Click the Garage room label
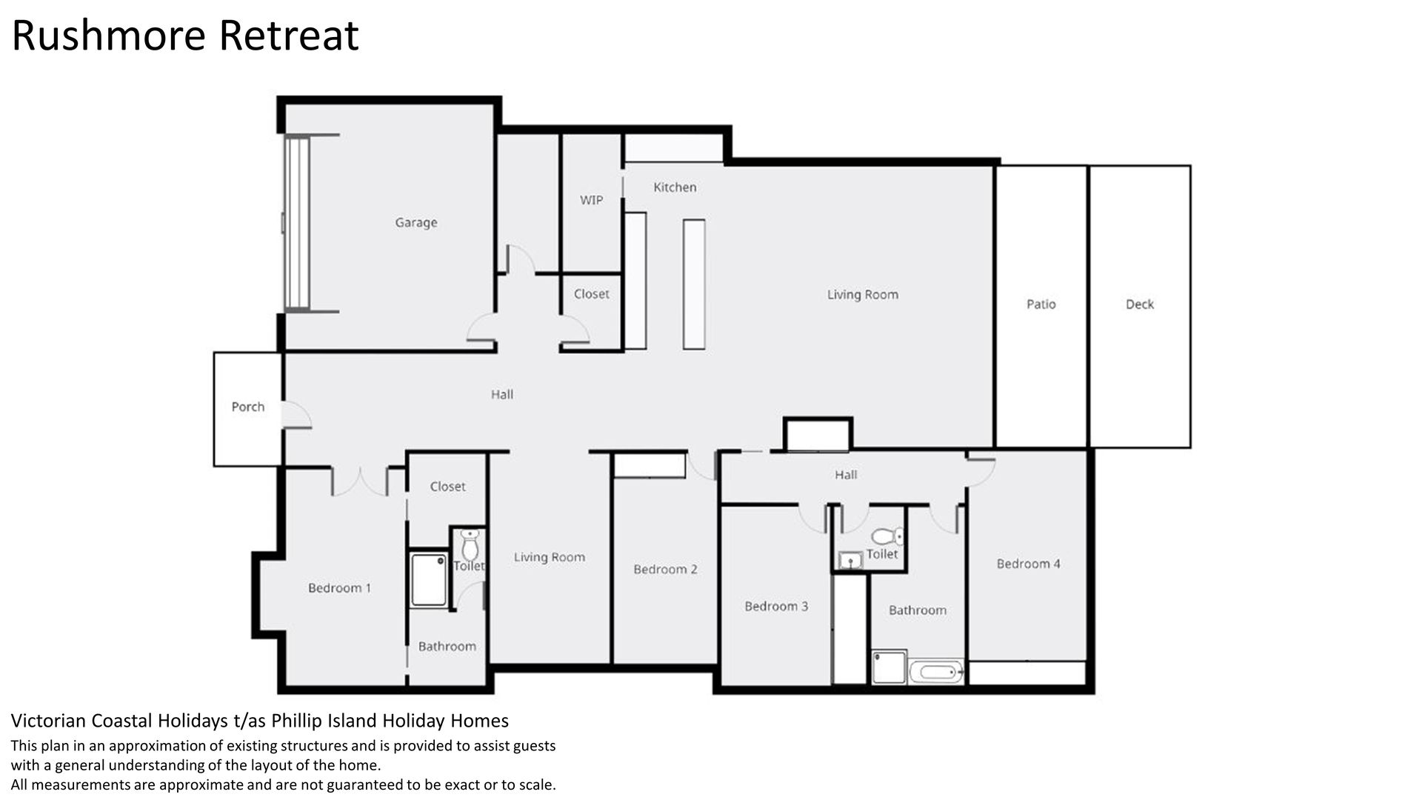415,222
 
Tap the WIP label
591,200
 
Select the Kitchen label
675,187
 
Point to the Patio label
1041,304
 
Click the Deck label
1139,304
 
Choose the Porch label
247,407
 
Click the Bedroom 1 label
339,588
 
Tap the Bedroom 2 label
665,570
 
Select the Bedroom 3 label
776,607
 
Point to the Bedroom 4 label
1028,564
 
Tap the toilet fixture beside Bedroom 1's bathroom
470,545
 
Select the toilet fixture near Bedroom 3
887,536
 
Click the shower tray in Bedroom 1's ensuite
430,580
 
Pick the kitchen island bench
694,284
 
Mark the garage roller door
297,223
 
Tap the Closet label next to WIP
591,294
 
